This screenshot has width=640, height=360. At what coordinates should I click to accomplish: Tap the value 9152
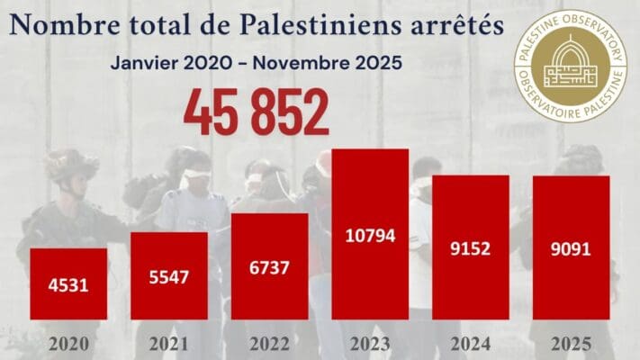coord(471,248)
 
